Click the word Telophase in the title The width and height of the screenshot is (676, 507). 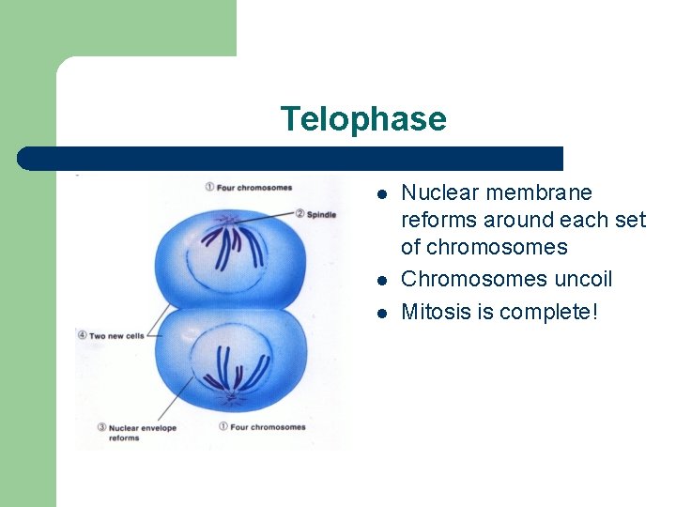(x=362, y=119)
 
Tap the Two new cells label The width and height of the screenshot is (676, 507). (x=116, y=335)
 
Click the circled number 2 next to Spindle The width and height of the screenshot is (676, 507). (x=300, y=213)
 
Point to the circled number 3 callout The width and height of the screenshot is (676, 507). (x=101, y=427)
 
